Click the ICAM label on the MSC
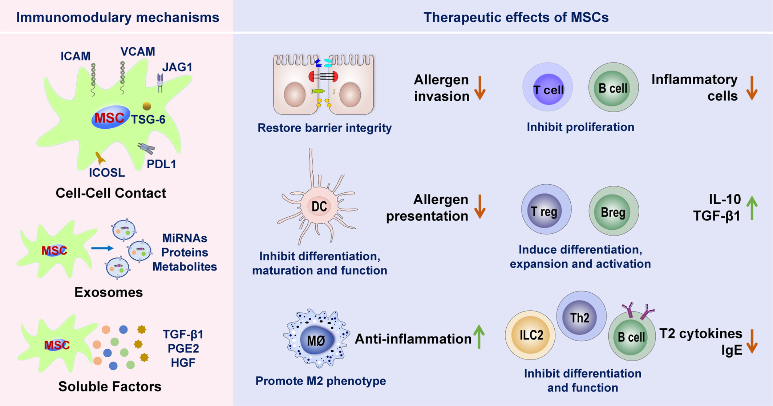75,56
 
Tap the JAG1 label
177,67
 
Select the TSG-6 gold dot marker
147,106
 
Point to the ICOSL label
107,173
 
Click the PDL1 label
161,164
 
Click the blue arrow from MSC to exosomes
102,248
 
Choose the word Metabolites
185,267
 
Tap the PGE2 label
183,349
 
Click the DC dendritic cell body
319,206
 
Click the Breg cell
614,211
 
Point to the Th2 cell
581,316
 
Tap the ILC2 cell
530,335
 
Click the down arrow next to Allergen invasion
480,88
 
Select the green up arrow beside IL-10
752,208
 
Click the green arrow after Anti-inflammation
479,337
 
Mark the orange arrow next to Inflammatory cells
752,88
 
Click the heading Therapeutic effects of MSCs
516,17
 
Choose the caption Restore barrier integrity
324,128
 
